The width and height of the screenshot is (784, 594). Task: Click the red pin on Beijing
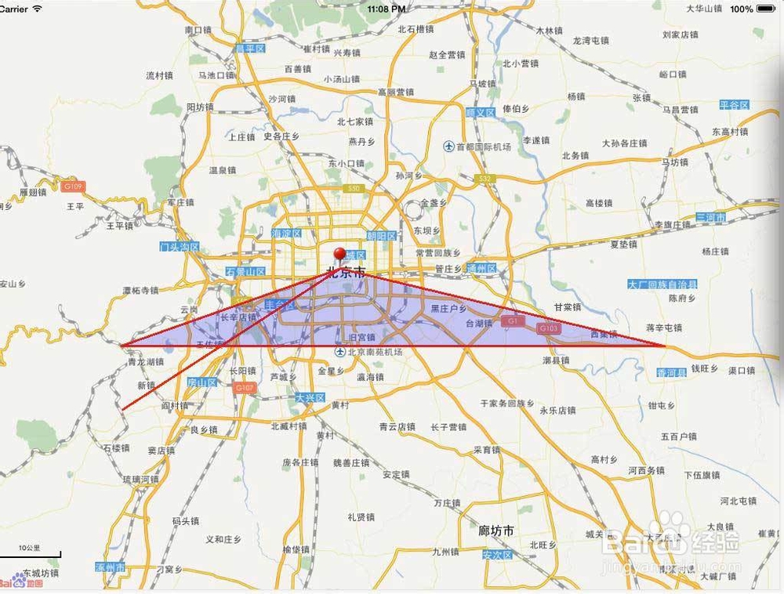click(339, 255)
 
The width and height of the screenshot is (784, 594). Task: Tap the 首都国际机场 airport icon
click(448, 147)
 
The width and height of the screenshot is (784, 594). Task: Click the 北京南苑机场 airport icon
click(339, 353)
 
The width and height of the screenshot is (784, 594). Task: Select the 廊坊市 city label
click(496, 531)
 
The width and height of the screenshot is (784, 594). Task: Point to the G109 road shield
click(73, 187)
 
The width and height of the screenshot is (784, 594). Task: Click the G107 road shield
click(245, 387)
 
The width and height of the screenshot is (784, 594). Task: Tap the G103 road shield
click(548, 328)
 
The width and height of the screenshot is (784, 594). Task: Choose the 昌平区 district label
click(251, 49)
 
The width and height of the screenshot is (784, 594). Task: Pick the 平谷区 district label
click(735, 104)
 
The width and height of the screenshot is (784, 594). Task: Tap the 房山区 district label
click(201, 382)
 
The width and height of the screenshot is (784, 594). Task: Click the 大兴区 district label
click(310, 398)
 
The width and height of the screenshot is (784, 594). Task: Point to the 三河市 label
click(711, 216)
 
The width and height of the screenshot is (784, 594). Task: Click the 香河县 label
click(671, 371)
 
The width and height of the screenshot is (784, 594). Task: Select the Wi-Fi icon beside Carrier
click(37, 9)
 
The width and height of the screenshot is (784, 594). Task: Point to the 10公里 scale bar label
click(30, 547)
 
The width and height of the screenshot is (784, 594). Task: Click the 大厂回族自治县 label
click(662, 284)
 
